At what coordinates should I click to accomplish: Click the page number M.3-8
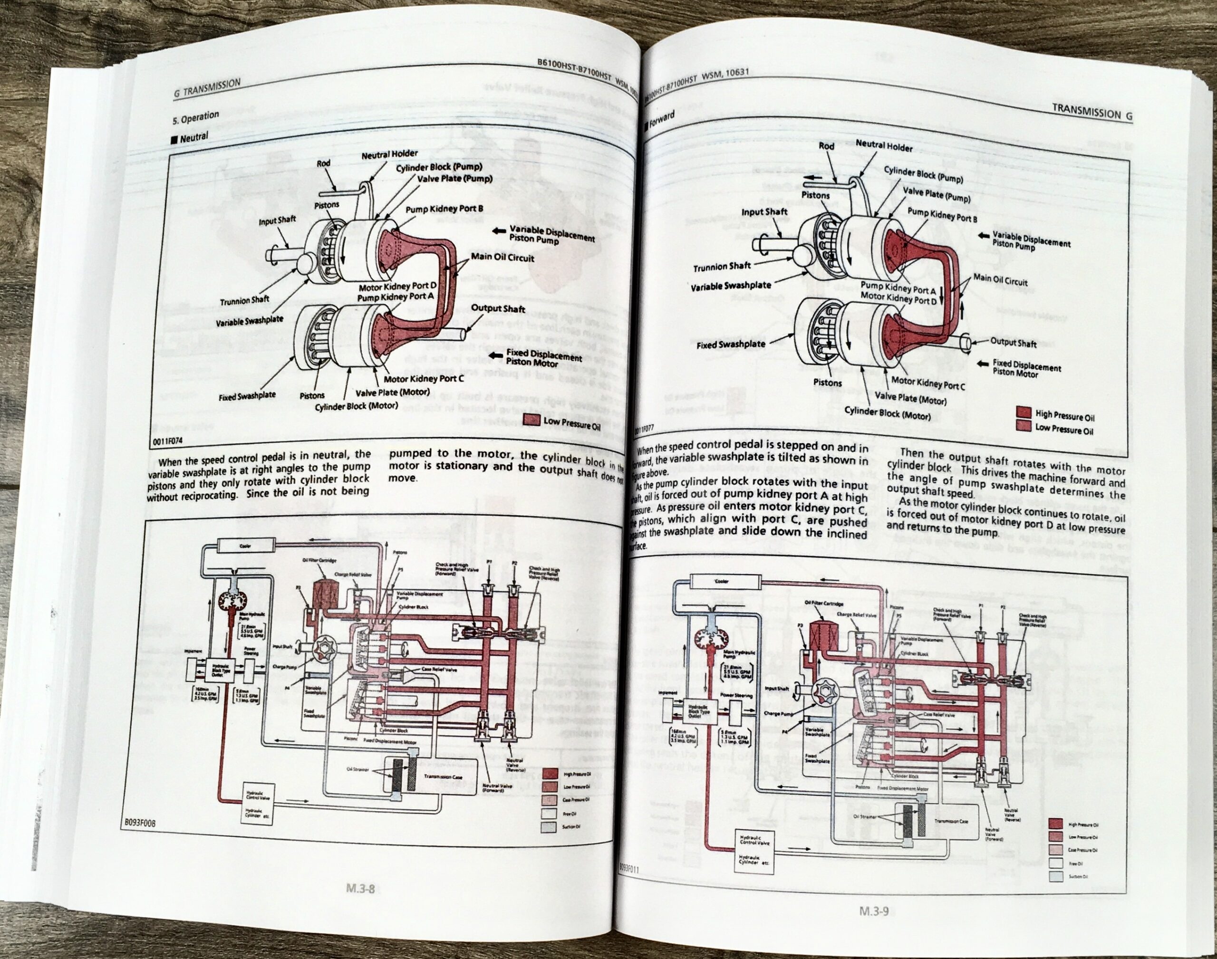click(x=360, y=889)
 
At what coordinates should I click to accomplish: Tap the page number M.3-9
click(x=874, y=911)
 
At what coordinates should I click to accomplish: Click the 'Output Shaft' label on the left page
click(x=498, y=308)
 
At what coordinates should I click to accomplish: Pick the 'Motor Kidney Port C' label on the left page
click(x=424, y=378)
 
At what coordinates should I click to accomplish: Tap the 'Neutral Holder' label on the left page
click(x=389, y=154)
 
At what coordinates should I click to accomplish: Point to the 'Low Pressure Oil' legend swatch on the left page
click(x=531, y=420)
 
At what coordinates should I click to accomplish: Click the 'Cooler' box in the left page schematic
click(x=245, y=545)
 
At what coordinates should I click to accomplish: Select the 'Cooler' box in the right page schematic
click(x=721, y=581)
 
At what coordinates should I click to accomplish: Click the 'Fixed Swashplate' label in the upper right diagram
click(x=731, y=344)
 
